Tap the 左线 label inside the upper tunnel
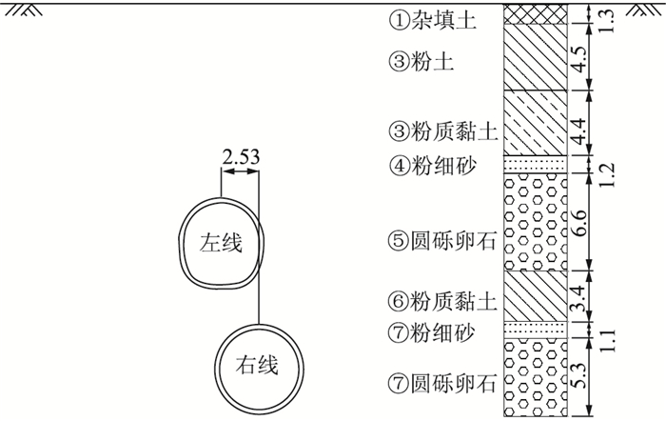point(220,244)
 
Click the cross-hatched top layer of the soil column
point(535,15)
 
